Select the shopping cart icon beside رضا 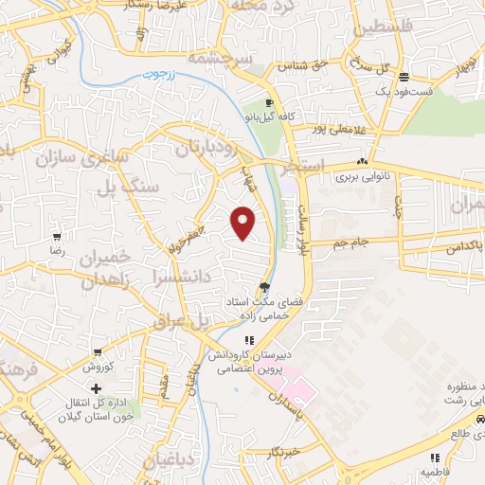58,237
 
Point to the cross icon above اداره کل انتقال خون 96,388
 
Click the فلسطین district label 385,28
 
